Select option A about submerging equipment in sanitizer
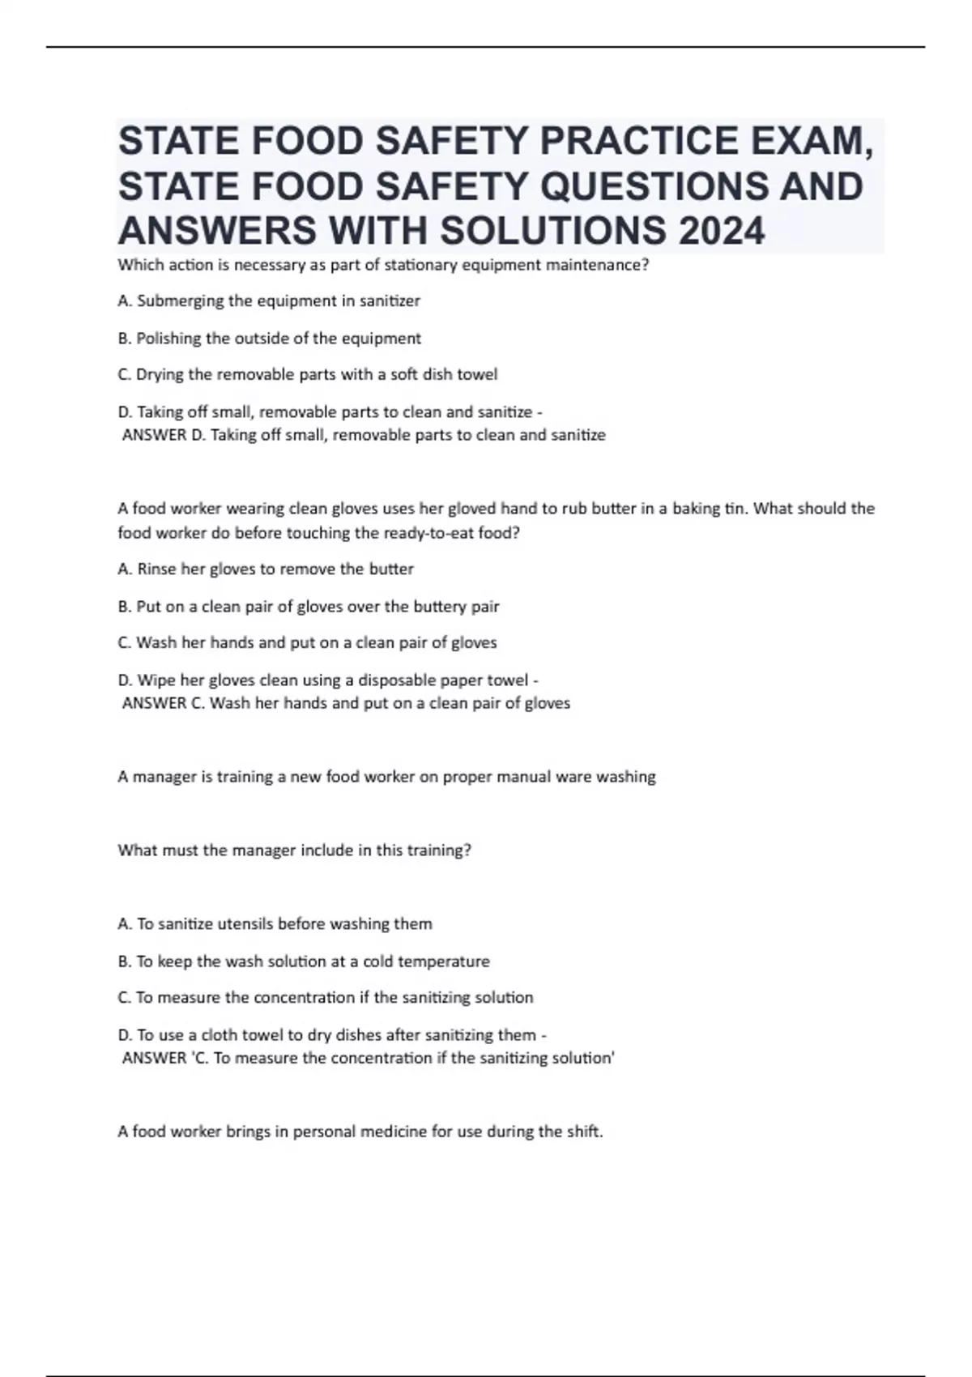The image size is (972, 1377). pyautogui.click(x=269, y=301)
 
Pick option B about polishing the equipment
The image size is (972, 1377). pyautogui.click(x=270, y=339)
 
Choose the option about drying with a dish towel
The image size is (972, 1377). pyautogui.click(x=308, y=375)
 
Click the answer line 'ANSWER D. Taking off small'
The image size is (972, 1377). pyautogui.click(x=364, y=435)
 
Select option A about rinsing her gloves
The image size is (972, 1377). pyautogui.click(x=266, y=569)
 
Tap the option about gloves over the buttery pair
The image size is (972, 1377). pyautogui.click(x=309, y=607)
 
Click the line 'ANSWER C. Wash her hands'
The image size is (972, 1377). pyautogui.click(x=346, y=703)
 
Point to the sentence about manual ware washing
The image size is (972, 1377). pyautogui.click(x=386, y=777)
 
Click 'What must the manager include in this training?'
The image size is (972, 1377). pyautogui.click(x=294, y=850)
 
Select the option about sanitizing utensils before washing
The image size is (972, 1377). pyautogui.click(x=275, y=924)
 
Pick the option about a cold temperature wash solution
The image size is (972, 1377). pyautogui.click(x=304, y=961)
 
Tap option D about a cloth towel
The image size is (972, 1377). pyautogui.click(x=332, y=1035)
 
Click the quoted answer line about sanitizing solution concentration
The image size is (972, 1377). pyautogui.click(x=369, y=1058)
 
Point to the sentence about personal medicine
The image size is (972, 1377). pyautogui.click(x=360, y=1132)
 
